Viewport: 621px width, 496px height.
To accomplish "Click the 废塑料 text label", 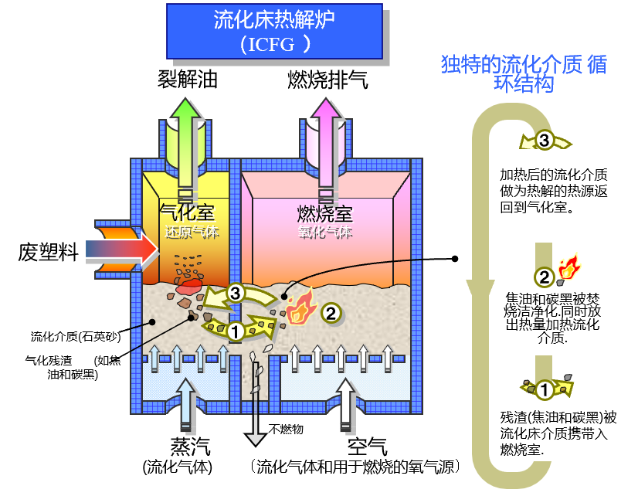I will coord(48,253).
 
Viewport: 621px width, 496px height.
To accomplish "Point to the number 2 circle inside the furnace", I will coord(330,314).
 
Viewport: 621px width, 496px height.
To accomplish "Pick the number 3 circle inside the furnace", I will coord(236,293).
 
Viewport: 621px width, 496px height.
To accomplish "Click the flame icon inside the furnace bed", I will coord(297,307).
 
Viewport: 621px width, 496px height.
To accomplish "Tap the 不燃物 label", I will coord(287,429).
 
